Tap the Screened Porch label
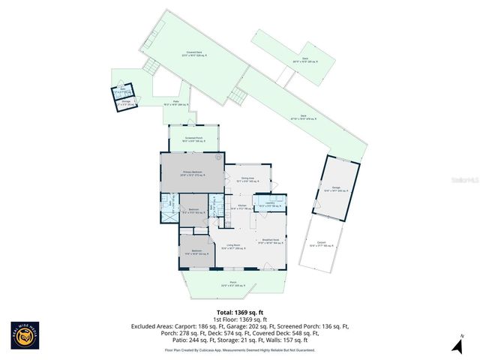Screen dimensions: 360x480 tap(194, 139)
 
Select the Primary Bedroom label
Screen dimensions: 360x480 tap(193, 173)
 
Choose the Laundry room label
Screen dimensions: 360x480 tap(269, 204)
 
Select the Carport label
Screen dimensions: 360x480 tap(320, 244)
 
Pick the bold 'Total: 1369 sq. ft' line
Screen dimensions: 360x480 tap(240, 311)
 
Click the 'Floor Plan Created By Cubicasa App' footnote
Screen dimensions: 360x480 tap(240, 349)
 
